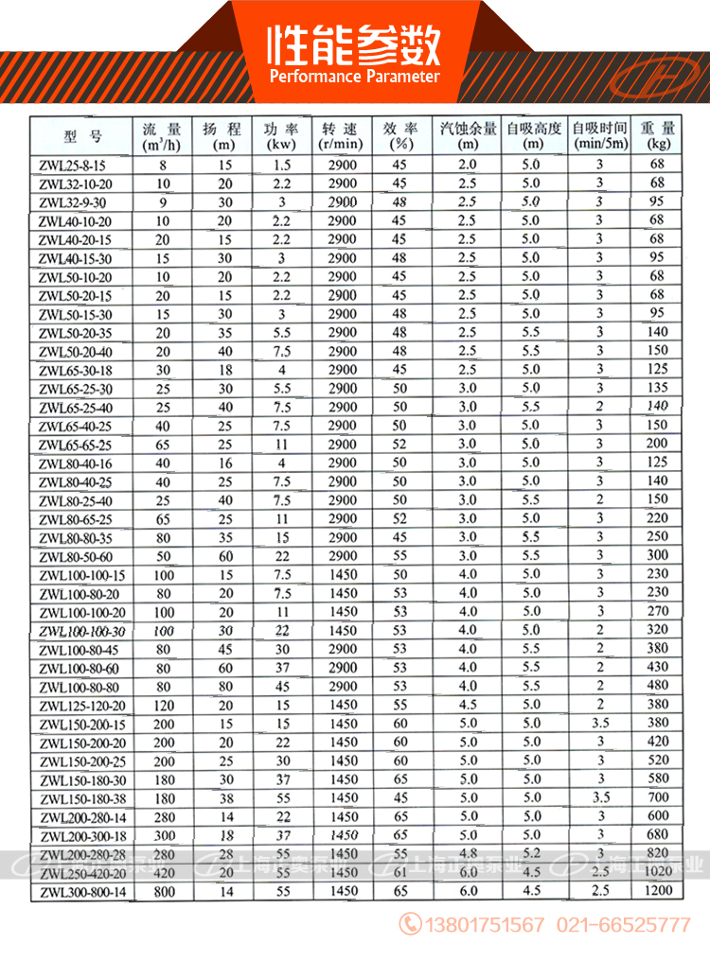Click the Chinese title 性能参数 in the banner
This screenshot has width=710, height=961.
[x=355, y=43]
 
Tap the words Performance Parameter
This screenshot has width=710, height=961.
[x=355, y=77]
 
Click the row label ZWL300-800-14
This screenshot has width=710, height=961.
[x=82, y=891]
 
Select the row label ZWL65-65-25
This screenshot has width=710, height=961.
[x=76, y=444]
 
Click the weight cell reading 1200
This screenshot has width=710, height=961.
[x=658, y=891]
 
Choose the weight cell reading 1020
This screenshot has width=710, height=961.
[x=658, y=872]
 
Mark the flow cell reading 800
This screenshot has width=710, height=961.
[x=165, y=891]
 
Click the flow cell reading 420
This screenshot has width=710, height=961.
[x=165, y=872]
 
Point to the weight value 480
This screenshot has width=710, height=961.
[x=658, y=686]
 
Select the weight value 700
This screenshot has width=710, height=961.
[x=658, y=797]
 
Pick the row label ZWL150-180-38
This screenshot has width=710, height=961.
[x=82, y=797]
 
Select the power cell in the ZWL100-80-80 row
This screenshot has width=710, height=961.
[x=281, y=686]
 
